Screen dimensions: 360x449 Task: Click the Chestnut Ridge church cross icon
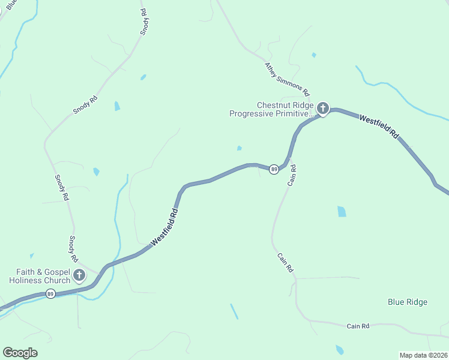tap(323, 109)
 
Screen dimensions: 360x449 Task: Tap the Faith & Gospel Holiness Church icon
tap(79, 276)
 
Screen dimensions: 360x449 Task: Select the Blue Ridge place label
tap(408, 302)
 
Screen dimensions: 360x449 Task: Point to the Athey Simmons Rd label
tap(287, 79)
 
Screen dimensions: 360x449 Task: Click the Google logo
tap(20, 353)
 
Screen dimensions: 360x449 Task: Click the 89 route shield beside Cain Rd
tap(274, 170)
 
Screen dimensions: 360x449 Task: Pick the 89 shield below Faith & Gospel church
tap(51, 293)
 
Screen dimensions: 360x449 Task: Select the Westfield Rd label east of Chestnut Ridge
tap(379, 127)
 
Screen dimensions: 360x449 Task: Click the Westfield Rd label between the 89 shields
tap(165, 226)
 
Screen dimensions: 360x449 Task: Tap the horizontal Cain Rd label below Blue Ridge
tap(358, 326)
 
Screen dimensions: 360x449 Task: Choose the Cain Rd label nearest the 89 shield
tap(292, 175)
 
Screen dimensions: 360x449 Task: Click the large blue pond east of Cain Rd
tap(342, 211)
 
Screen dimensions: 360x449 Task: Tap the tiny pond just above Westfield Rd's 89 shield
tap(240, 148)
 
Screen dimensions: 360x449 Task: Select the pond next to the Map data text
tap(340, 350)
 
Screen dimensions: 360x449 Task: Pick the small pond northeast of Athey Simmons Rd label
tap(314, 55)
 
